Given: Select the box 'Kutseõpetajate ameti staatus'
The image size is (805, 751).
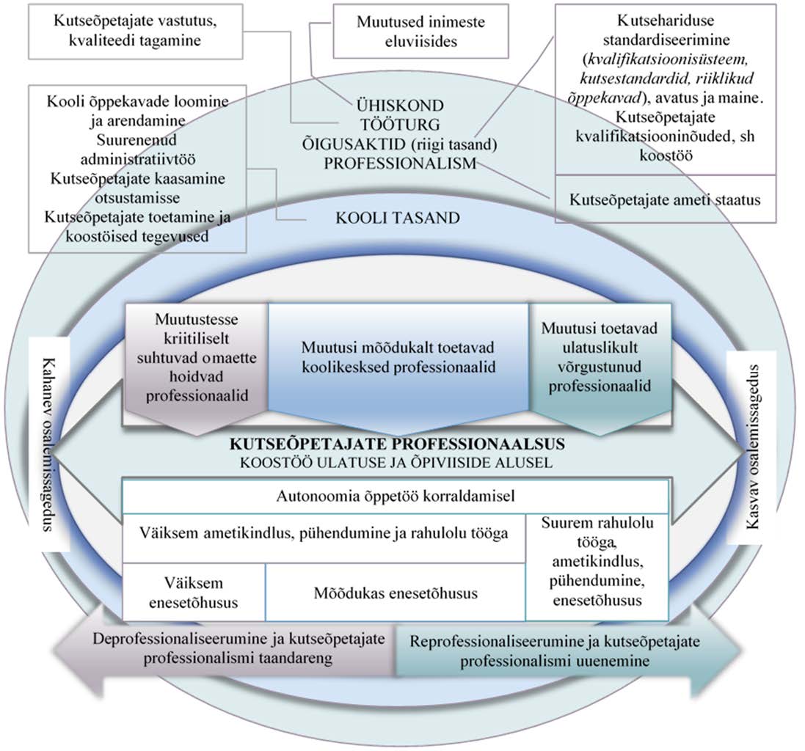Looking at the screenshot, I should [666, 198].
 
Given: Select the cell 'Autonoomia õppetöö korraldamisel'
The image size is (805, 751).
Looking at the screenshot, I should [395, 497].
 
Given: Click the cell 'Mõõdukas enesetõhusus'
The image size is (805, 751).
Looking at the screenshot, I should [396, 593].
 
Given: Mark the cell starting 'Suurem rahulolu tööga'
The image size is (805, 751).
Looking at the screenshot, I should [597, 562].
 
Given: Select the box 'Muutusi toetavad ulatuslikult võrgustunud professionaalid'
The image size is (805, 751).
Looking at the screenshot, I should [600, 355].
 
